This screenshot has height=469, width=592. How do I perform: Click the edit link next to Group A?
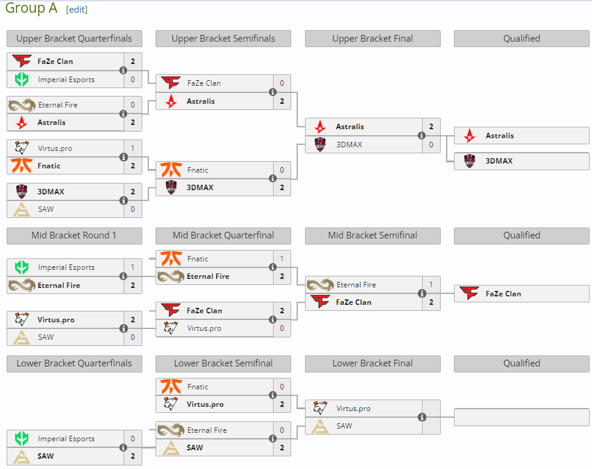pos(77,10)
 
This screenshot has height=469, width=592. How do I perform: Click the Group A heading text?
pos(31,8)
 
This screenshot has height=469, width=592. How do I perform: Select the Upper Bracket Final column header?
pos(373,39)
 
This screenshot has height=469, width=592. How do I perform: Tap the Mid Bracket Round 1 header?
pos(74,235)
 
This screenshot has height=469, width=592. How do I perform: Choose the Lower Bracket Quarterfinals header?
pos(74,363)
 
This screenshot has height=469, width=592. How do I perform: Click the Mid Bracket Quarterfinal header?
pos(223,235)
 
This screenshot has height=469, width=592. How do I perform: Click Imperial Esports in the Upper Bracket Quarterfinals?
pos(66,80)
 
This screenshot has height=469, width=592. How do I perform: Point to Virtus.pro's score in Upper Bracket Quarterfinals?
pos(133,148)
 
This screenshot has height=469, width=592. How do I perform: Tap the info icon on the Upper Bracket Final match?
pos(422,135)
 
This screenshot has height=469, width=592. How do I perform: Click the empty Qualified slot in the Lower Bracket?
pos(521,417)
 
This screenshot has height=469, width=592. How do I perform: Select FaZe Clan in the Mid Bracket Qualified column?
pos(503,294)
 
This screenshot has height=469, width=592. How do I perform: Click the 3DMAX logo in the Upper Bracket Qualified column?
pos(470,161)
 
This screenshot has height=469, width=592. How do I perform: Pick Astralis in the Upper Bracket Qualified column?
pos(500,136)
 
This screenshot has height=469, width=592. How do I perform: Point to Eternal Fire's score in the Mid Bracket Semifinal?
pos(431,285)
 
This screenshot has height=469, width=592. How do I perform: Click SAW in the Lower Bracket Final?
pos(344,426)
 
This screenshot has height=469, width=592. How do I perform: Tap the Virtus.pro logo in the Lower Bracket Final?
pos(320,409)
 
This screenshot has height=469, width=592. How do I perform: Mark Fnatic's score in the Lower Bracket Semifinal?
pos(282,387)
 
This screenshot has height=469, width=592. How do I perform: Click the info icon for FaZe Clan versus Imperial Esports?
pos(123,70)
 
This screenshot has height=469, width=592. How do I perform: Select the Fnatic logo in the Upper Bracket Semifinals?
pos(171,170)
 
